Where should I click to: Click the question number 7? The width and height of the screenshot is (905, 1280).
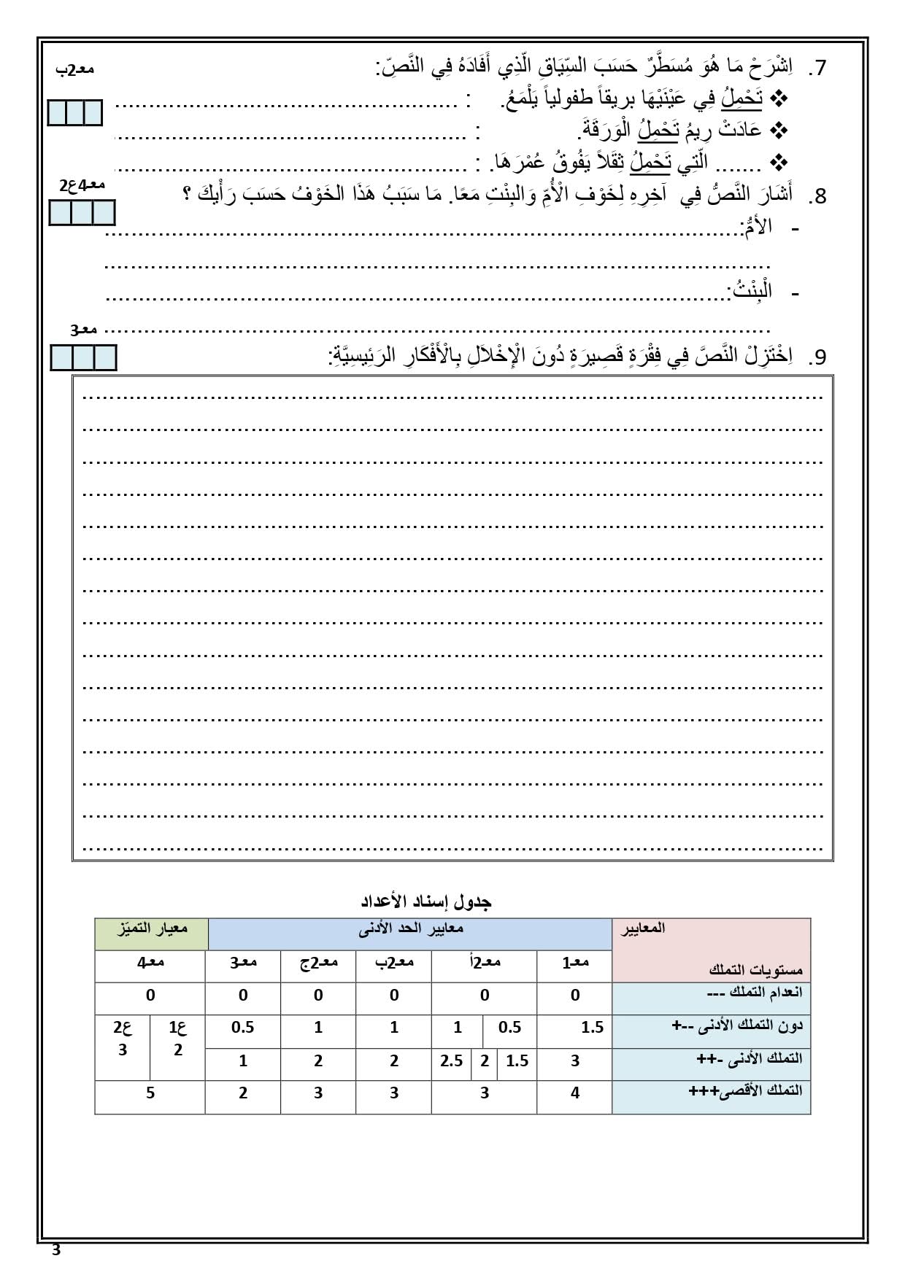point(820,68)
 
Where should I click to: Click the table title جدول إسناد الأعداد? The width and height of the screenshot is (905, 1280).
point(427,901)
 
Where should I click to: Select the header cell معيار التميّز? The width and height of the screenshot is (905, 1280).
point(150,929)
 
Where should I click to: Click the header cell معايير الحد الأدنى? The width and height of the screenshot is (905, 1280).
point(410,929)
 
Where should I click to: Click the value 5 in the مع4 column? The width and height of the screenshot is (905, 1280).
point(150,1093)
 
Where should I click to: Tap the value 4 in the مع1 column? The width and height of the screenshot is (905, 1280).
point(575,1093)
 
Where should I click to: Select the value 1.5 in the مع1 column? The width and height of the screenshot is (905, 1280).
point(593,1028)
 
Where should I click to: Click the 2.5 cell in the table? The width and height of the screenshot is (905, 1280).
point(452,1061)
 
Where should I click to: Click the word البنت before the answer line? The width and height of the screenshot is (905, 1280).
point(751,291)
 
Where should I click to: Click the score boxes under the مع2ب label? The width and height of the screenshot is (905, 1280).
point(74,113)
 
